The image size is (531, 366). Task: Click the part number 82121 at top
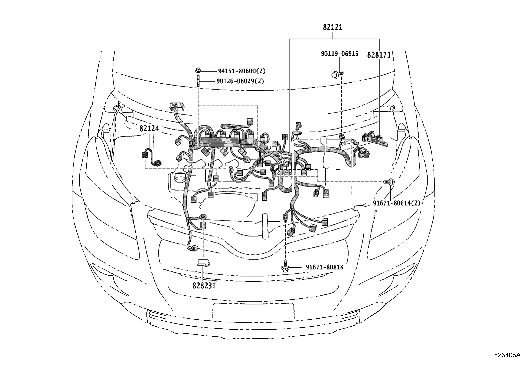[332, 27]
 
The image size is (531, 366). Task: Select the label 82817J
[379, 55]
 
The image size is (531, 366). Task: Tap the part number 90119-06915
[340, 54]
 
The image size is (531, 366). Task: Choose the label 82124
[149, 128]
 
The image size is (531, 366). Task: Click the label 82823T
[202, 285]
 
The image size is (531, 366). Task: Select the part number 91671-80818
[324, 267]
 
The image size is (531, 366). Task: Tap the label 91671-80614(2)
[397, 203]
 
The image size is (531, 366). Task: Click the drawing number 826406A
[507, 355]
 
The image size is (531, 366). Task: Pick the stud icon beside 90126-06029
[198, 82]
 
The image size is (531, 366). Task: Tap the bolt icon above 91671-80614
[389, 182]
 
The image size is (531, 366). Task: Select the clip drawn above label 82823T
[203, 263]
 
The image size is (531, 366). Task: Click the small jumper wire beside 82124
[152, 159]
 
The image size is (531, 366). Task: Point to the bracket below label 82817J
[375, 139]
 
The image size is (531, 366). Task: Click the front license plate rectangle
[253, 311]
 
